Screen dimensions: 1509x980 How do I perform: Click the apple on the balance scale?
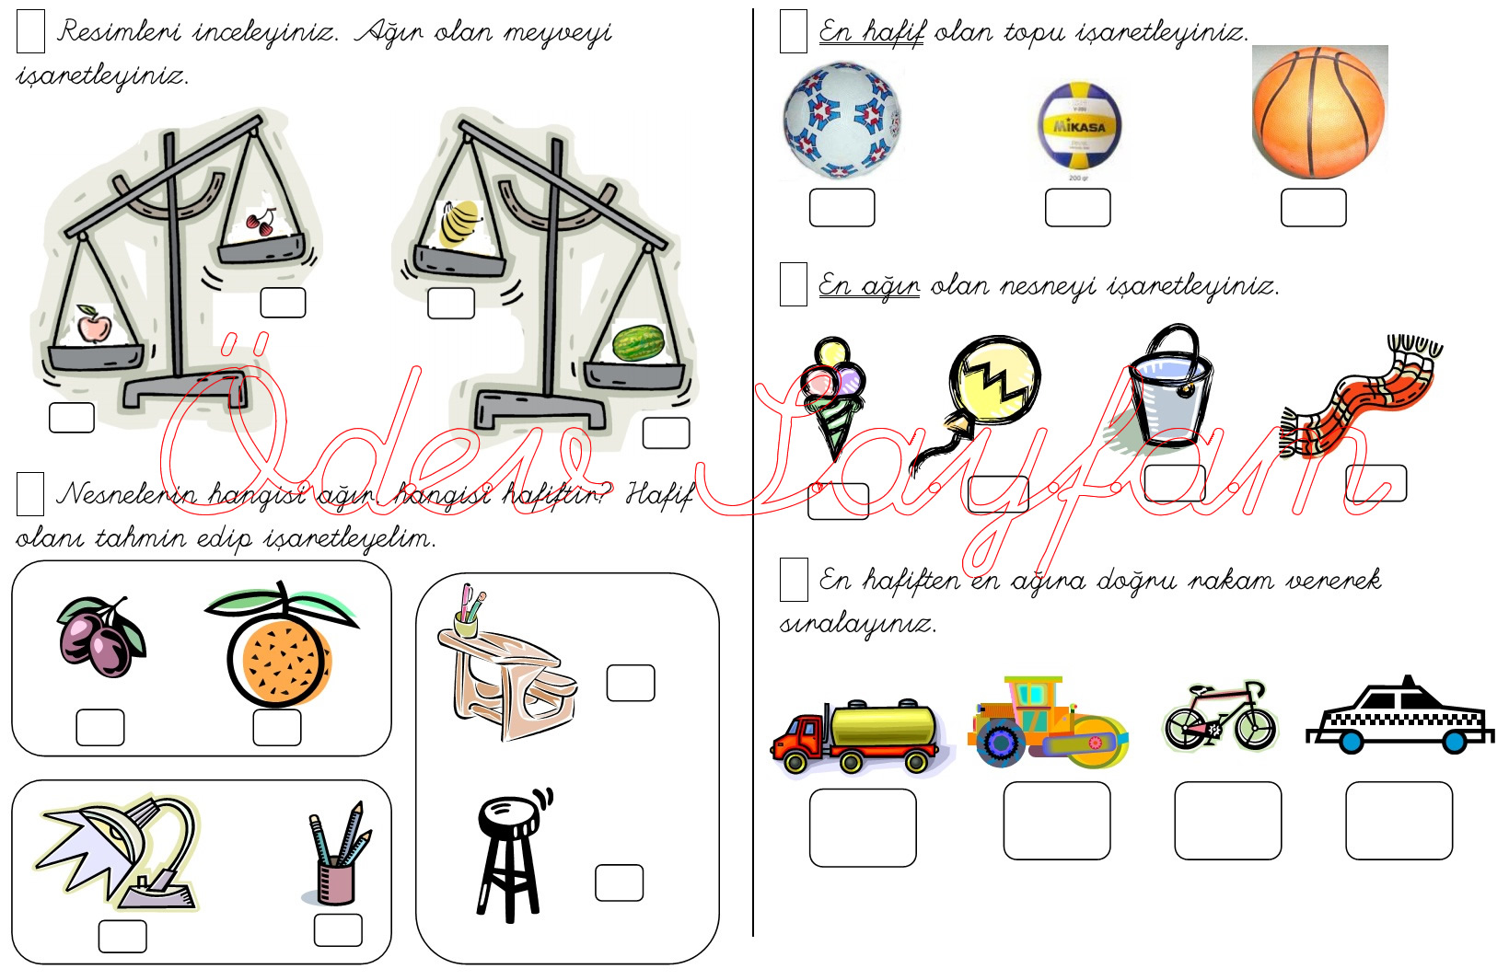click(93, 324)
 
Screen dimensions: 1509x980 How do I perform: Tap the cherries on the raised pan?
click(260, 222)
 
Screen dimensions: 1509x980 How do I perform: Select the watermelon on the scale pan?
click(638, 342)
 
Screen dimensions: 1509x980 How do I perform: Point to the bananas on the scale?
click(459, 223)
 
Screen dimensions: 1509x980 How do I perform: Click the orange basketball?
click(1318, 112)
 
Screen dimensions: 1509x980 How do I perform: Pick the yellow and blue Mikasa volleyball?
click(1079, 125)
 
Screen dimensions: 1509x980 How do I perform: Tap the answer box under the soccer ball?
click(842, 207)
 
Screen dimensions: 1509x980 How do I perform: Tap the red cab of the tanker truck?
click(802, 738)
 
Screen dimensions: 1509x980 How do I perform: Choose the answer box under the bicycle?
click(1227, 821)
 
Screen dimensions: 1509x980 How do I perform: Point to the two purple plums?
click(101, 637)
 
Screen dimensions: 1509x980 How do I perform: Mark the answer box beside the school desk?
click(631, 683)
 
